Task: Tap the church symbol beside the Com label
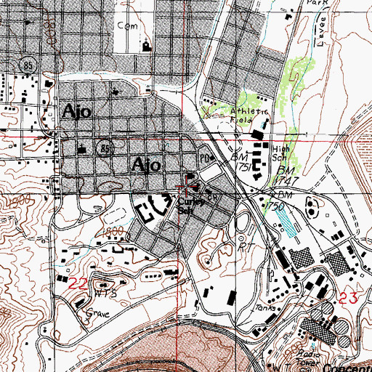tap(147, 46)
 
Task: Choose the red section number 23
tap(347, 296)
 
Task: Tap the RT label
tap(245, 247)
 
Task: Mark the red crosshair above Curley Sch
tap(187, 191)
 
